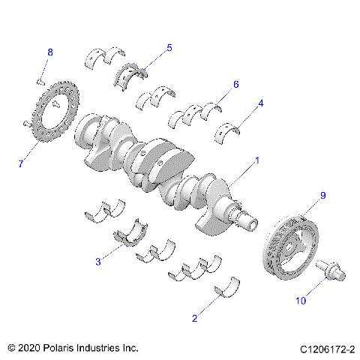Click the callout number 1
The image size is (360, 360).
pyautogui.click(x=256, y=160)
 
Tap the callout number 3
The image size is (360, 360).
pyautogui.click(x=98, y=262)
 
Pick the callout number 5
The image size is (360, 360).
pyautogui.click(x=169, y=48)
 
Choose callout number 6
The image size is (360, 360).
pyautogui.click(x=235, y=85)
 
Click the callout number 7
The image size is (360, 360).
pyautogui.click(x=22, y=163)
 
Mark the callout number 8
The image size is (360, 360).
pyautogui.click(x=50, y=52)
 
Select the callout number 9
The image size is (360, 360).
pyautogui.click(x=323, y=196)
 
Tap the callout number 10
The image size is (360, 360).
pyautogui.click(x=301, y=301)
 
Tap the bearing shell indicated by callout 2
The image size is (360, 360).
pyautogui.click(x=226, y=287)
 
